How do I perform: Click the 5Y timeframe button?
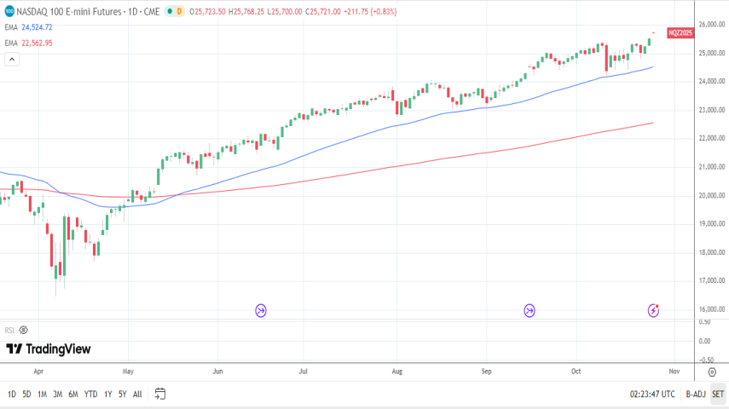coord(123,394)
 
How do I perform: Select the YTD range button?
coord(90,394)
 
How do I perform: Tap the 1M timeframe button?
coord(42,394)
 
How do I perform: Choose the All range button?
coord(137,394)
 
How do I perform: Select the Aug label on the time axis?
coord(396,372)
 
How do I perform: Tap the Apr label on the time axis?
coord(39,372)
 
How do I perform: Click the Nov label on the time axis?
coord(674,372)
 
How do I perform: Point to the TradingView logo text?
coord(49,349)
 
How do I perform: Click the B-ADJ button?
coord(696,394)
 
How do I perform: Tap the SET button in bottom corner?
coord(717,394)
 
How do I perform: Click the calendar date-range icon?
coord(159,394)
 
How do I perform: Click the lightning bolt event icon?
coord(653,311)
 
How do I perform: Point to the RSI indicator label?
coord(9,330)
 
